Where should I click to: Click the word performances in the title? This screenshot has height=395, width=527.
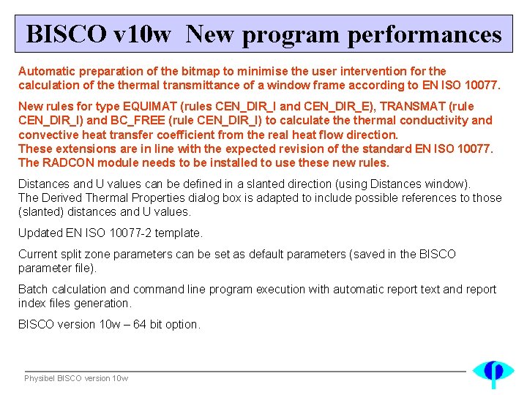pyautogui.click(x=425, y=34)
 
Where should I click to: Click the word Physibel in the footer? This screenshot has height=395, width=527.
pyautogui.click(x=39, y=378)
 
